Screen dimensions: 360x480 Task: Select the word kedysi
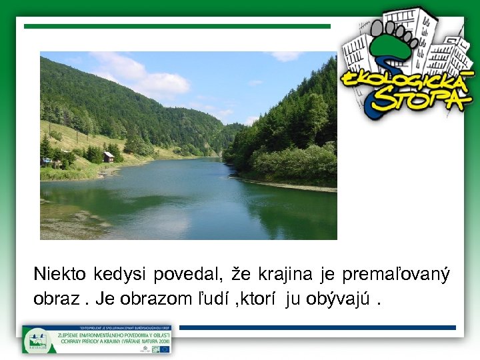point(120,275)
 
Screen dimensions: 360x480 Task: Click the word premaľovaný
point(396,275)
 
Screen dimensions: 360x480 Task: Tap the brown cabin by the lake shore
point(108,157)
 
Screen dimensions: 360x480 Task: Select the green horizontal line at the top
point(177,27)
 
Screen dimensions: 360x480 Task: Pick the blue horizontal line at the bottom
point(317,328)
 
